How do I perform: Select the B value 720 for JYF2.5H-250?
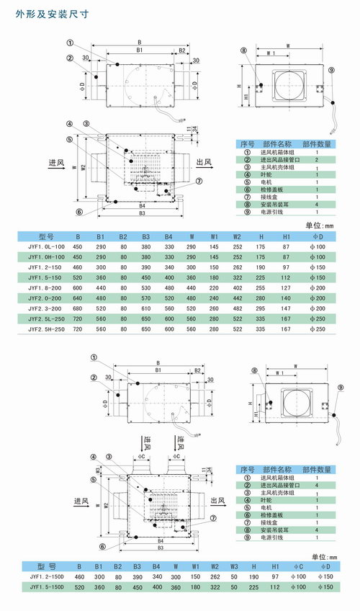78,329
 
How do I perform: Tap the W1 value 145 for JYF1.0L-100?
214,246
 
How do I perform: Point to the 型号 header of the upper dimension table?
47,236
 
